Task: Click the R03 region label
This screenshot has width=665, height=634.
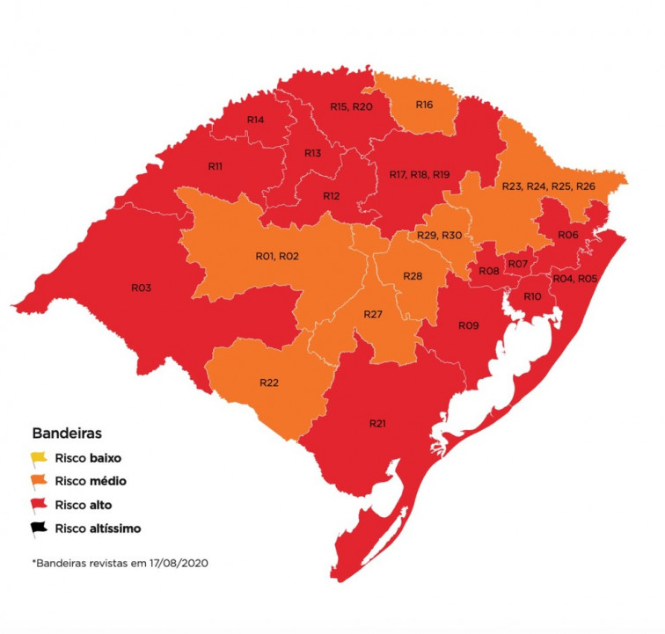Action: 142,288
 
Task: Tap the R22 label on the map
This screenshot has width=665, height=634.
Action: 269,382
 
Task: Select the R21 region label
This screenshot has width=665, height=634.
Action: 377,424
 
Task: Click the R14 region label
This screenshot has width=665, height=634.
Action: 256,120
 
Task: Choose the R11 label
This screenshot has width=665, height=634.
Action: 215,166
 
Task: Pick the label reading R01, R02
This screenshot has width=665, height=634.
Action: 277,256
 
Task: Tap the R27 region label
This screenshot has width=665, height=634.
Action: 375,314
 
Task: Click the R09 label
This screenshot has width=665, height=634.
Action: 468,325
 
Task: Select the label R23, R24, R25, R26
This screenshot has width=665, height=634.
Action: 548,186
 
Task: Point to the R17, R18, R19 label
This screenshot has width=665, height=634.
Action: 420,175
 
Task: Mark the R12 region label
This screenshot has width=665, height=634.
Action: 332,195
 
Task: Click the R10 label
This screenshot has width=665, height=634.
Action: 532,296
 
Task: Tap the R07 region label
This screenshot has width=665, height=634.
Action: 518,264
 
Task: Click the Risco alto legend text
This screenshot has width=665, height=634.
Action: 83,505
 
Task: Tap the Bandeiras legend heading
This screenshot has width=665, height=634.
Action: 66,434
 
